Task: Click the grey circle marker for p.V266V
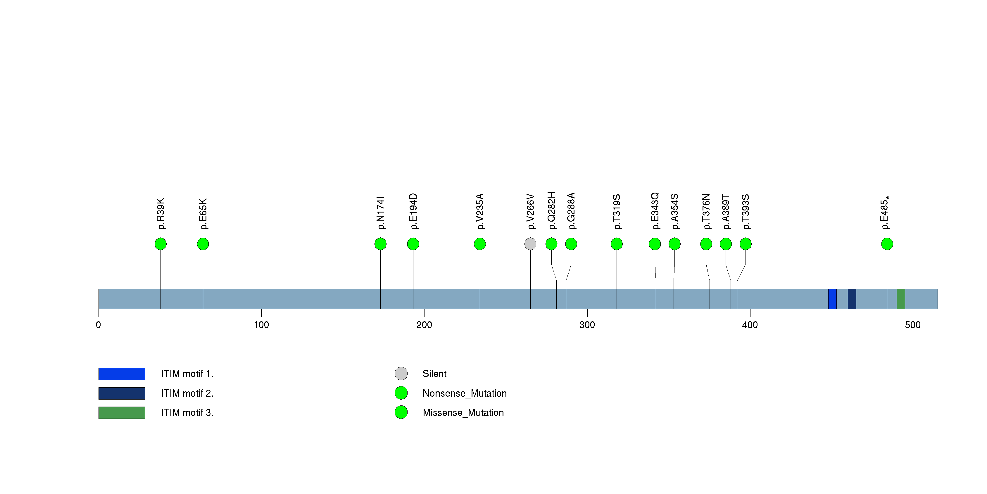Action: (x=530, y=244)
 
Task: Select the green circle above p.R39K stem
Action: (x=161, y=244)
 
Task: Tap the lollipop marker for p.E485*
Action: (x=887, y=244)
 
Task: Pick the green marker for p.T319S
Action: (x=617, y=244)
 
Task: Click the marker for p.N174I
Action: (x=380, y=244)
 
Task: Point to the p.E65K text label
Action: (x=203, y=214)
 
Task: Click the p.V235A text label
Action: (x=480, y=211)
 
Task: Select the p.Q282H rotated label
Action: (x=552, y=211)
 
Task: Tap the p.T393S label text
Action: (x=746, y=212)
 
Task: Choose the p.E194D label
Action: (x=413, y=211)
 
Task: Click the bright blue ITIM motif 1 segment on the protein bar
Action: (x=832, y=299)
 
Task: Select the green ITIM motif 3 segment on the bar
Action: (x=901, y=299)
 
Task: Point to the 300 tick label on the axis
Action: (x=587, y=325)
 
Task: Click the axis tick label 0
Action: (x=99, y=325)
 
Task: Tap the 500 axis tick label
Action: (x=913, y=325)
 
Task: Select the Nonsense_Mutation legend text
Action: (x=464, y=393)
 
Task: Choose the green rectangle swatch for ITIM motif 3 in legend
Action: (x=121, y=413)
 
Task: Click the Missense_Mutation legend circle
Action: (x=401, y=412)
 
